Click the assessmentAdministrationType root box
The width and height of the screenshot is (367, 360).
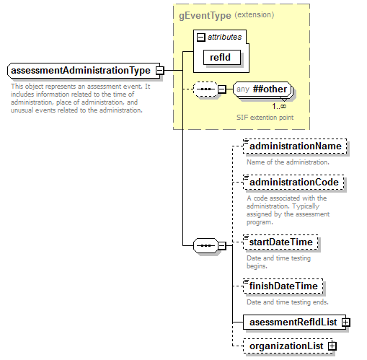(81, 71)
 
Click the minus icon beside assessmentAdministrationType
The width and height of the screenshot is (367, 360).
(159, 71)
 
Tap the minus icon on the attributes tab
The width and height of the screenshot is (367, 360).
(201, 36)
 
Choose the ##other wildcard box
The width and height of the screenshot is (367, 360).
(262, 89)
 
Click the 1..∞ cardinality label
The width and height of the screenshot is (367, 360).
(279, 106)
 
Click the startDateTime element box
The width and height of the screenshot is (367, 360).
(281, 242)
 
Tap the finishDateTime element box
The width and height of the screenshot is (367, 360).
(283, 286)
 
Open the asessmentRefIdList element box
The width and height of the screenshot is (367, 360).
(292, 322)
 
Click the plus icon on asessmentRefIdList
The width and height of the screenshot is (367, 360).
(346, 322)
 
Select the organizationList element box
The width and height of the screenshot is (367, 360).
(286, 346)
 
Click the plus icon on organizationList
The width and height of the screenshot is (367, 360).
(332, 346)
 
